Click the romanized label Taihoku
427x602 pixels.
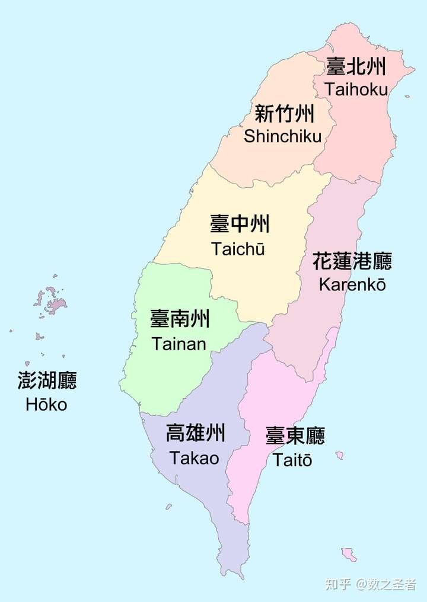click(356, 89)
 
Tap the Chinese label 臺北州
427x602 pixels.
click(356, 67)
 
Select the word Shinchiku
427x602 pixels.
click(282, 136)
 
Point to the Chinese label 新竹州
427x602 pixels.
click(285, 113)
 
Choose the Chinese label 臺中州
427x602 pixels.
click(240, 225)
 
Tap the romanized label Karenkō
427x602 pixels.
click(352, 284)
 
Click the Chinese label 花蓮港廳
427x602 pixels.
click(352, 261)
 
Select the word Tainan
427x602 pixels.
click(179, 344)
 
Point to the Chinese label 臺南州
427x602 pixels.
click(180, 320)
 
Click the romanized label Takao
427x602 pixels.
click(194, 458)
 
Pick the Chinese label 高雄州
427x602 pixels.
click(196, 434)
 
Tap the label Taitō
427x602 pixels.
click(292, 460)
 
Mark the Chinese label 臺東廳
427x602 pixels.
click(295, 437)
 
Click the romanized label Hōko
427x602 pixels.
click(46, 405)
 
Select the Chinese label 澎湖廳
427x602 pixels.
click(47, 381)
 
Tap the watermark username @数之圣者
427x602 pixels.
click(386, 584)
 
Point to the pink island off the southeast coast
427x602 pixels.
click(349, 555)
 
